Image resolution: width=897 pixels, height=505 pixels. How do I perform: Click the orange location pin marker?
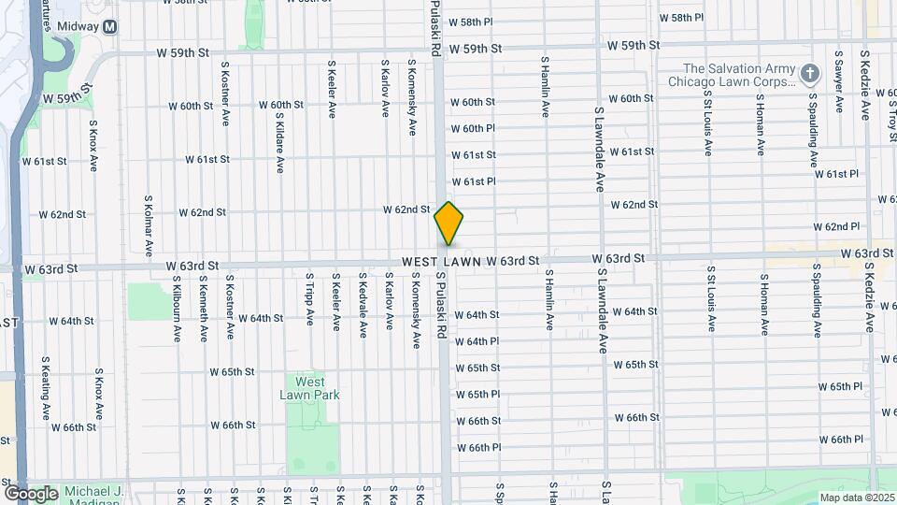click(x=448, y=223)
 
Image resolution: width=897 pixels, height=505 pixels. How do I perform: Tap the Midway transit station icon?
click(x=110, y=27)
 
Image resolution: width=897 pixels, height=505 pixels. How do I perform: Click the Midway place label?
click(x=78, y=27)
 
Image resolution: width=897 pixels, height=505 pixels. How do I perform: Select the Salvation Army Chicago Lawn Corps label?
click(x=738, y=75)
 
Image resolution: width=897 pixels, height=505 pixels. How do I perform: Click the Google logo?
click(x=30, y=493)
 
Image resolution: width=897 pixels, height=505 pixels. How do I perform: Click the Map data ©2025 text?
click(x=855, y=497)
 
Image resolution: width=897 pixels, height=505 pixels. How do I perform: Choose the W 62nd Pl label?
click(x=836, y=227)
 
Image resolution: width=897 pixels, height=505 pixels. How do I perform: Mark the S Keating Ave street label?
click(x=45, y=387)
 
